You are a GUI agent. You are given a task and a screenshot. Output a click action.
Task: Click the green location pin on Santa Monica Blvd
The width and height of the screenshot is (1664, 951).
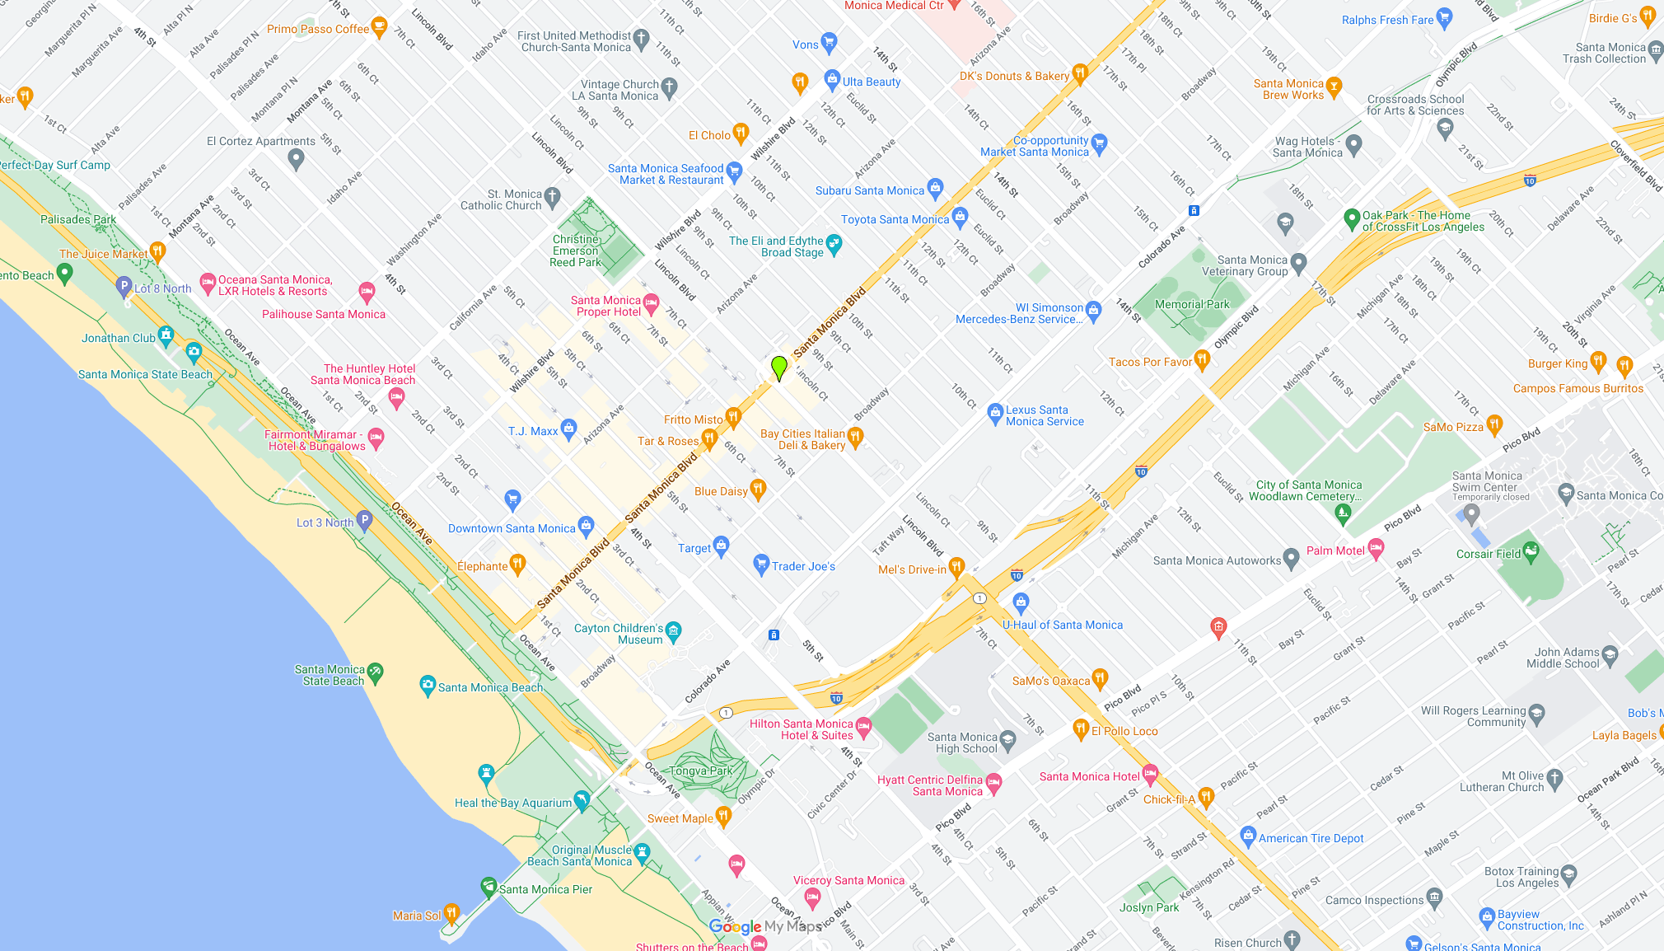pos(778,368)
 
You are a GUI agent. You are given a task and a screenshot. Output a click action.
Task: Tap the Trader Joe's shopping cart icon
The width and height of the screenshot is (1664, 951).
pos(761,565)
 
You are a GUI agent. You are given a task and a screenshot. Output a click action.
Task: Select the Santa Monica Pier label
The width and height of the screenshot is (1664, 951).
pos(545,889)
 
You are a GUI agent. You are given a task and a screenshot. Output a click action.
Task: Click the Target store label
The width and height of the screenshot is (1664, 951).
pos(694,548)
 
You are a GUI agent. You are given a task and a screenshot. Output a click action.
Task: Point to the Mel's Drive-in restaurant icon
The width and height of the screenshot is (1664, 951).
pos(956,567)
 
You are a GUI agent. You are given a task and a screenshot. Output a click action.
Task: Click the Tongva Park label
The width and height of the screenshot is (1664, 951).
pos(700,771)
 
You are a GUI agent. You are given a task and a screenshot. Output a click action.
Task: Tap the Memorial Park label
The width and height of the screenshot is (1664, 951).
pos(1191,304)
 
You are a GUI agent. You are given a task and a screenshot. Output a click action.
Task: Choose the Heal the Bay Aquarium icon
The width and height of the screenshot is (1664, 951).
pos(582,799)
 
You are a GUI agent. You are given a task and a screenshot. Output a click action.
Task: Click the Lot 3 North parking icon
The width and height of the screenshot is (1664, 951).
pos(365,520)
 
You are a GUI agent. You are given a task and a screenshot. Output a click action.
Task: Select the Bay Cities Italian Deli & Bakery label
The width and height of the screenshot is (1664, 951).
pos(802,439)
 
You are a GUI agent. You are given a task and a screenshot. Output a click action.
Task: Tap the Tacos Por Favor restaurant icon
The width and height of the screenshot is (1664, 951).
pos(1202,359)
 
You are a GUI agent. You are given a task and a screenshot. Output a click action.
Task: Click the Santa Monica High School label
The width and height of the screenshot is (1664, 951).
pos(962,743)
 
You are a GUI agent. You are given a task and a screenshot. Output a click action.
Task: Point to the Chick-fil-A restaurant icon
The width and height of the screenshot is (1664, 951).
pos(1206,796)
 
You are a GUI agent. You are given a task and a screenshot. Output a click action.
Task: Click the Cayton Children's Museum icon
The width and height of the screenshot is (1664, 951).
pos(673,631)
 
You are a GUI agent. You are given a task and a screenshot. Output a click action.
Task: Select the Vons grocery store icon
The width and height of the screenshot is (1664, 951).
pos(829,42)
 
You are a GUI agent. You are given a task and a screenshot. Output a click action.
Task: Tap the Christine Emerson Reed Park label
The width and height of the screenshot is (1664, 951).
pos(576,251)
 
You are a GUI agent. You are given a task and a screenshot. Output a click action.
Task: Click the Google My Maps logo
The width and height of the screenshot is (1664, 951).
pos(765,926)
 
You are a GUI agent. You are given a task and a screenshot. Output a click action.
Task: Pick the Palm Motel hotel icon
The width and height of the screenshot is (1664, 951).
pos(1376,549)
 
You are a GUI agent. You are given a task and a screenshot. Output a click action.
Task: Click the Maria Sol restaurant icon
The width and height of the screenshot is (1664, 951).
pos(451,913)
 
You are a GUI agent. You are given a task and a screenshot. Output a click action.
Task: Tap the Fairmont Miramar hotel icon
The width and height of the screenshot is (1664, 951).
pos(376,438)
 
